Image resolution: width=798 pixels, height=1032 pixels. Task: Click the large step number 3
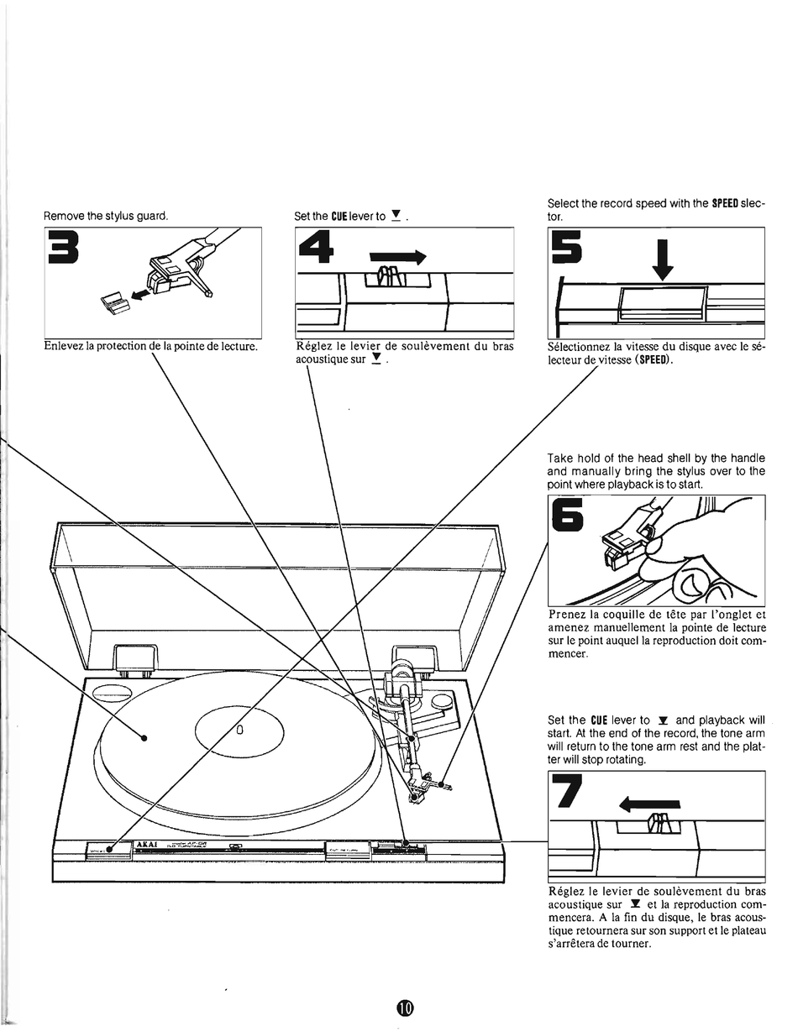[x=64, y=248]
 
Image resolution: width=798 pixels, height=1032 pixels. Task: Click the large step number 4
[x=316, y=247]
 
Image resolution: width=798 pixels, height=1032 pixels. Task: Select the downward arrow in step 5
[x=663, y=259]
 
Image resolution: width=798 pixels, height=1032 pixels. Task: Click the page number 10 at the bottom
[x=405, y=1008]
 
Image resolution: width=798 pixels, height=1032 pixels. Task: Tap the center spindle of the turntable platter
[x=239, y=729]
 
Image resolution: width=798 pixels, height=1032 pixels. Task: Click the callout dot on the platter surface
[x=144, y=738]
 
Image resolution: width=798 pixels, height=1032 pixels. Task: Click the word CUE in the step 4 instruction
[x=339, y=217]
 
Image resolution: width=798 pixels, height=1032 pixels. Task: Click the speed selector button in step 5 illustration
[x=663, y=302]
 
